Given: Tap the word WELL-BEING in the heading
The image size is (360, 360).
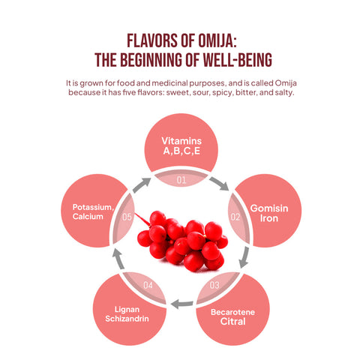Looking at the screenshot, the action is pyautogui.click(x=237, y=60).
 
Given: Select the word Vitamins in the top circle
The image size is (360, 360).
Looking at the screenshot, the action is pyautogui.click(x=181, y=141).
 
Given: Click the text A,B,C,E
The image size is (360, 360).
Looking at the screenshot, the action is pyautogui.click(x=181, y=151).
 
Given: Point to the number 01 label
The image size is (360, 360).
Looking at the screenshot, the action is pyautogui.click(x=181, y=180).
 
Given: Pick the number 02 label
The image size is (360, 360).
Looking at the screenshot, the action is pyautogui.click(x=235, y=217).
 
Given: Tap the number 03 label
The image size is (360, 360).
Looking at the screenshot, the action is pyautogui.click(x=214, y=285).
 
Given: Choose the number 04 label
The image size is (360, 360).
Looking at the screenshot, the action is pyautogui.click(x=148, y=285).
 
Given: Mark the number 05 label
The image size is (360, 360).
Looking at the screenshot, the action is pyautogui.click(x=127, y=217).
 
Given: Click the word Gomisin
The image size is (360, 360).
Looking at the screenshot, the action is pyautogui.click(x=269, y=208).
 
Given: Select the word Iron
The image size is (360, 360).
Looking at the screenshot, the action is pyautogui.click(x=269, y=218).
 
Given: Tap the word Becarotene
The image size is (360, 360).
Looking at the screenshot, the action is pyautogui.click(x=232, y=312).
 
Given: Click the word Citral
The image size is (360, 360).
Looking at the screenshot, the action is pyautogui.click(x=232, y=322).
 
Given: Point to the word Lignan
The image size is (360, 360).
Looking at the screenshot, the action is pyautogui.click(x=127, y=310).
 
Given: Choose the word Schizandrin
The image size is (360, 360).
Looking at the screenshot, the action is pyautogui.click(x=127, y=319).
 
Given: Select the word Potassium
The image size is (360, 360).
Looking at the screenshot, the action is pyautogui.click(x=93, y=207).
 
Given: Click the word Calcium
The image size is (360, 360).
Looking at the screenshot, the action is pyautogui.click(x=88, y=216).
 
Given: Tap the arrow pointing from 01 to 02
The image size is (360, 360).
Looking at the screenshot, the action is pyautogui.click(x=219, y=184).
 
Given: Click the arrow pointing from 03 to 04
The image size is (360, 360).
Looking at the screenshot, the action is pyautogui.click(x=181, y=304).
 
